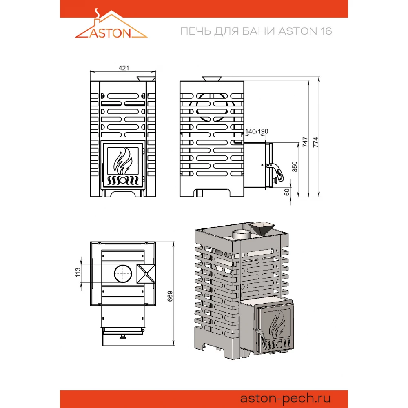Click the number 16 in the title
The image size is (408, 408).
326,31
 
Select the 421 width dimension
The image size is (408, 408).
124,68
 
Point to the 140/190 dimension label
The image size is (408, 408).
257,131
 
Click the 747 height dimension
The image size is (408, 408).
305,142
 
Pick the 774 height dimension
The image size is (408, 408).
316,142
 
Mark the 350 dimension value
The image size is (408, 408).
295,167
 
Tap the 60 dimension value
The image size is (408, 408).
287,192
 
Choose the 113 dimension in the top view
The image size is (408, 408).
78,273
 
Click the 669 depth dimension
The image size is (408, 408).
170,296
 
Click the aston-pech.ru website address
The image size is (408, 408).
285,398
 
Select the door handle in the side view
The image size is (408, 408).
276,172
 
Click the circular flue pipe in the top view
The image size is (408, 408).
123,274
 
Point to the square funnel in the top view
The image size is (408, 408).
146,274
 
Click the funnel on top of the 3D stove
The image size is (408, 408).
262,228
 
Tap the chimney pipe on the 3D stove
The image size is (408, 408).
242,234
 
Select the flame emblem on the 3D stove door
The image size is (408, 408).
277,324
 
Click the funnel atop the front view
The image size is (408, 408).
146,79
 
